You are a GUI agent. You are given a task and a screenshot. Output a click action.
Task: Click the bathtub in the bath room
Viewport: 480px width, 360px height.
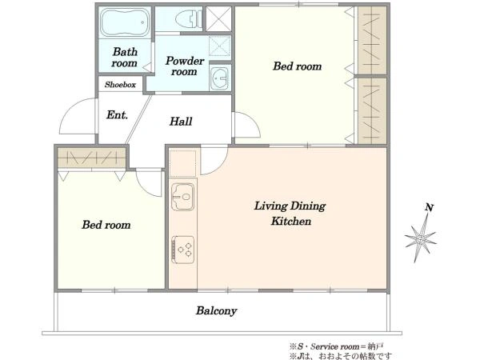point(125,22)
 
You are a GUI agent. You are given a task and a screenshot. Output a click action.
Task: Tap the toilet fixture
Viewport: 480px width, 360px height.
point(189,19)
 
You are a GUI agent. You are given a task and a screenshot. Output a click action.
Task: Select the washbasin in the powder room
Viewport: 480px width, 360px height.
point(219,78)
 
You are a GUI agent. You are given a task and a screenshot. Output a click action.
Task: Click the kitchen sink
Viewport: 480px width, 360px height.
point(182,197)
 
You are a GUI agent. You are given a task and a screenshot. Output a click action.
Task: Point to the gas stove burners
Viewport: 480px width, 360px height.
point(182,249)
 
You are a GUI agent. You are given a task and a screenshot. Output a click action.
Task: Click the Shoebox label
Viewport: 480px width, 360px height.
point(120,85)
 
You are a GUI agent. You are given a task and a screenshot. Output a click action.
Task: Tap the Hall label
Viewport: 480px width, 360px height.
point(181,122)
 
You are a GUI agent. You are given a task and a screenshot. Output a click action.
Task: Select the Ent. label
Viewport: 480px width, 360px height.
point(118,114)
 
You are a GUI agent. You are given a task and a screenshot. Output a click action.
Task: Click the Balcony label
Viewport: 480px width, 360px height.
point(217,310)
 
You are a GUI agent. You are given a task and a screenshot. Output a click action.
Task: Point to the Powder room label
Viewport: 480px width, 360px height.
point(185,66)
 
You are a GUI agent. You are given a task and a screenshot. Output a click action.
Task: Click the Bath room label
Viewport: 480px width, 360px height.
point(125,58)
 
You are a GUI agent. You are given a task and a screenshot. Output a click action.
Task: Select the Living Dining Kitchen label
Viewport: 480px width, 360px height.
point(290,213)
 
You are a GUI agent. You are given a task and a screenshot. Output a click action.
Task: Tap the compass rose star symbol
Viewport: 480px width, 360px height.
point(420,238)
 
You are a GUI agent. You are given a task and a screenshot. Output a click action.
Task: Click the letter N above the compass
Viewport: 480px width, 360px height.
point(430,207)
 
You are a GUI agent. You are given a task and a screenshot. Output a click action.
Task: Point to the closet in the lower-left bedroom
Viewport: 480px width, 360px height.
point(92,158)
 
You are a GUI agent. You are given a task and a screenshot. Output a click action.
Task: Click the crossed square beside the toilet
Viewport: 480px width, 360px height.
point(218,18)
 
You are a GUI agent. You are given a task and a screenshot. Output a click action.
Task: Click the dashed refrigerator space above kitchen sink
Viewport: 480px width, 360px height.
point(182,163)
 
